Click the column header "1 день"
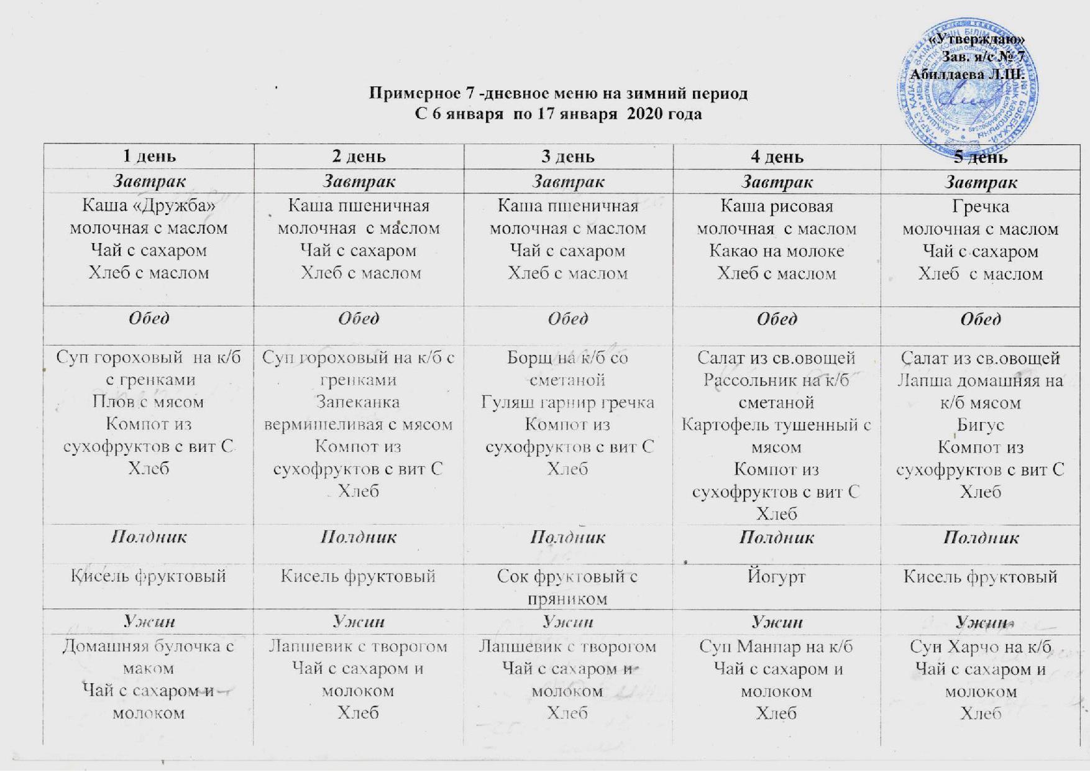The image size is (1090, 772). point(149,156)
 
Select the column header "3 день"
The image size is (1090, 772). point(568,156)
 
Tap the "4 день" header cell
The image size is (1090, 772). point(777,157)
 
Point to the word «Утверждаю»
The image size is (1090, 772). point(976,40)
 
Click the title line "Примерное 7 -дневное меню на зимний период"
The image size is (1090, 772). point(558,94)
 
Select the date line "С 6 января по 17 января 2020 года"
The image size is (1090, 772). point(558,114)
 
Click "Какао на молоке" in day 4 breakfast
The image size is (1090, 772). point(777,251)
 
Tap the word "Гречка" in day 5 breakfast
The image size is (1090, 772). point(980,206)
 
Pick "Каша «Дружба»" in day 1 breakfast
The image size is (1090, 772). point(149,206)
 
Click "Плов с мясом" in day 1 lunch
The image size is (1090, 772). point(148,402)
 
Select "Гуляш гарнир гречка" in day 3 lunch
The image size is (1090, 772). point(567,402)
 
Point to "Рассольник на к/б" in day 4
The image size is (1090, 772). point(776,380)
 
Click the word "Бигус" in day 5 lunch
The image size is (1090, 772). point(980,425)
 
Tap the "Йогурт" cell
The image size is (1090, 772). point(776,577)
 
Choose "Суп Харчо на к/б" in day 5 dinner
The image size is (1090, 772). point(980,646)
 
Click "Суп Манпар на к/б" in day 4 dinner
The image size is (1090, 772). point(776,646)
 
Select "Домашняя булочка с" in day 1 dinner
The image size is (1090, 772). point(149,646)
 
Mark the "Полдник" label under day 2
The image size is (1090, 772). point(359,537)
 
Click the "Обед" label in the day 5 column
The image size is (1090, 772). point(980,319)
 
